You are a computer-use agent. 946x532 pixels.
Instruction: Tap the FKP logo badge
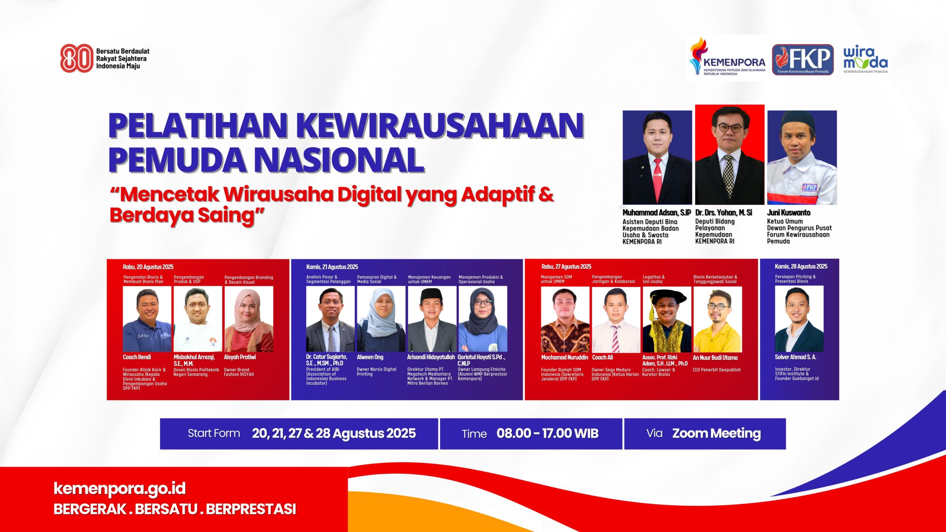803,59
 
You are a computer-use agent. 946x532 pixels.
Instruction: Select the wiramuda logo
865,59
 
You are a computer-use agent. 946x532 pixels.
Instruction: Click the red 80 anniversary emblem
76,58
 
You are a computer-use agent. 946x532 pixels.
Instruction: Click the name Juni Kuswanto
789,212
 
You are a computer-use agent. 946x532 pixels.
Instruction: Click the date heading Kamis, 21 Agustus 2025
332,267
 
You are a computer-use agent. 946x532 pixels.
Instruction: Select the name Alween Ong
370,357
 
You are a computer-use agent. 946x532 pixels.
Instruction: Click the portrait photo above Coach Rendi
147,319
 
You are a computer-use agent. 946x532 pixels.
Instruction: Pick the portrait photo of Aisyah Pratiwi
249,319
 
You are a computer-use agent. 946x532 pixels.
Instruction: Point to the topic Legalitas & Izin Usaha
654,279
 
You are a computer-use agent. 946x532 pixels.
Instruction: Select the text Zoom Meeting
716,433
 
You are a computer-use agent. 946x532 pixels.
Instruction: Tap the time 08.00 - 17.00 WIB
547,433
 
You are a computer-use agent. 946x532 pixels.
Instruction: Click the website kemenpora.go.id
119,488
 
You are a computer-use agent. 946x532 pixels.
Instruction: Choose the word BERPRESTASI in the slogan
251,509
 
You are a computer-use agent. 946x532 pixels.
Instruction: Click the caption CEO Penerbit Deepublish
717,370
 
